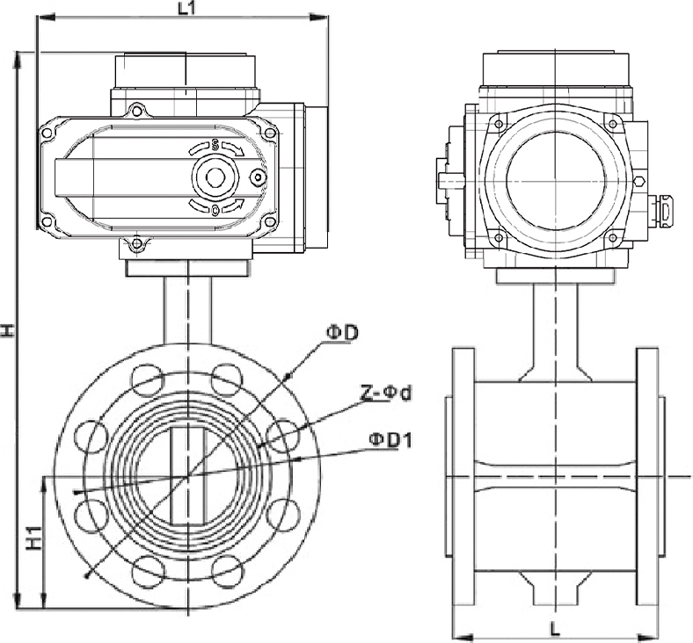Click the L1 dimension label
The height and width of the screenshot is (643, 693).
(x=186, y=9)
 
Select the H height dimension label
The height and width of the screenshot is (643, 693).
(x=8, y=330)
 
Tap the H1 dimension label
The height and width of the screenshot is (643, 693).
(x=33, y=538)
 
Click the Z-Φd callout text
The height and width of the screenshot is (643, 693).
(x=384, y=393)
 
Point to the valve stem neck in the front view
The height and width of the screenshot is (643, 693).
(x=187, y=312)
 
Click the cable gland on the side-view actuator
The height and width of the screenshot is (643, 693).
(x=664, y=210)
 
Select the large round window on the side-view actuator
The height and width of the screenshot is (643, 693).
(x=555, y=180)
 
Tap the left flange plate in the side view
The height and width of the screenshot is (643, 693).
(x=463, y=476)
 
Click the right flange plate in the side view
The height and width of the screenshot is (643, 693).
(x=647, y=476)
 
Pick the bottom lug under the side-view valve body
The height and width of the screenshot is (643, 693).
(x=555, y=588)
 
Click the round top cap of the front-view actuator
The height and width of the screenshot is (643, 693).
(x=186, y=70)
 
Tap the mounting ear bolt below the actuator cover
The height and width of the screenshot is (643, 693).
(x=135, y=244)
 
